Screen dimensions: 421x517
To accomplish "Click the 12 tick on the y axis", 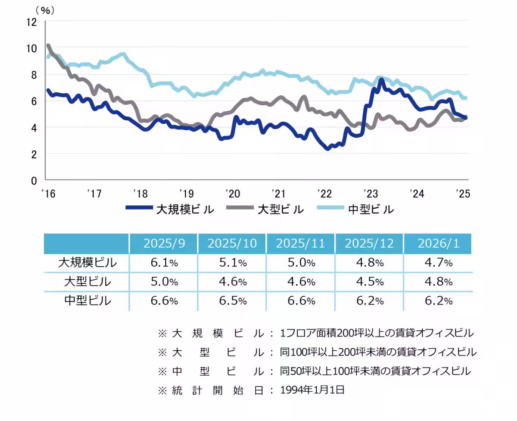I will pos(32,21).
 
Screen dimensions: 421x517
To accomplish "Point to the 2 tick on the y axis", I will pos(34,154).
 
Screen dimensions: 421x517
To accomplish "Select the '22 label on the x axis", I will pos(324,193).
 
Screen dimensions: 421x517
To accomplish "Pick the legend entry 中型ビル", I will pos(371,210).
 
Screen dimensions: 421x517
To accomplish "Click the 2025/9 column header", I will pos(164,243).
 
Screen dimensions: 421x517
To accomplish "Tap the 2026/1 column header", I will pos(438,243).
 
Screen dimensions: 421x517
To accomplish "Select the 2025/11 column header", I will pos(301,243).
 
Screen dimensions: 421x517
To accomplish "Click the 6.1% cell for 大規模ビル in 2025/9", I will pos(164,263).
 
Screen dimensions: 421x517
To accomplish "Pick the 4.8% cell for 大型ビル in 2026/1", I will pos(438,282).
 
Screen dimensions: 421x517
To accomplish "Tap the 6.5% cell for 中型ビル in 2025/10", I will pos(232,301).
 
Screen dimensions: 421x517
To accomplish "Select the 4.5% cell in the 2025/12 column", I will pos(369,282).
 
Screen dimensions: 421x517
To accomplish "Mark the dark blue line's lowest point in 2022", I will pos(328,148).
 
